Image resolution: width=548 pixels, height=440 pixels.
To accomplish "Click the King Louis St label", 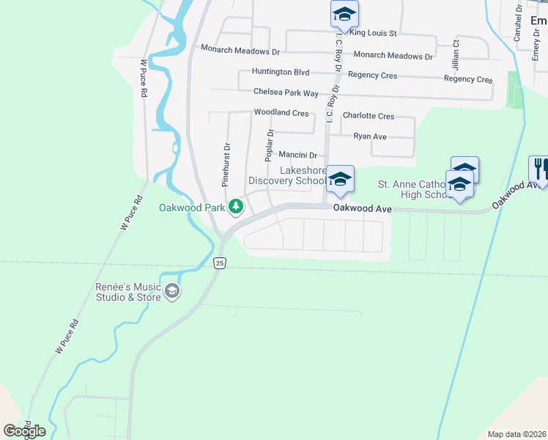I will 373,33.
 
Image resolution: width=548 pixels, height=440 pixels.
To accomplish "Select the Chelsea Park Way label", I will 286,92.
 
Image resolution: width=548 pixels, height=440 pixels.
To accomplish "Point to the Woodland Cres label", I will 281,113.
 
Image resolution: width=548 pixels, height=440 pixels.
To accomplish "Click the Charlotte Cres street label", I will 369,116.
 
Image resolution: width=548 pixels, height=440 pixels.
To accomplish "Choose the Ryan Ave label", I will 370,136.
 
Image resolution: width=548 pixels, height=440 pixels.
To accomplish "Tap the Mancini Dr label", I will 297,155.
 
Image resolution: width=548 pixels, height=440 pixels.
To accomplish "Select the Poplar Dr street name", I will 269,145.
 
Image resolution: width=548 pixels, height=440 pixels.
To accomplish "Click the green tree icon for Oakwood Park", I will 236,208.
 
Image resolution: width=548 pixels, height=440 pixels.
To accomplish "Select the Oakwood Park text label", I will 192,208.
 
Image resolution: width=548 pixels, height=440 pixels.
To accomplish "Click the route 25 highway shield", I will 220,263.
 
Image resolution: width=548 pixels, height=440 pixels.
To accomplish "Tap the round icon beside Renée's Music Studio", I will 172,292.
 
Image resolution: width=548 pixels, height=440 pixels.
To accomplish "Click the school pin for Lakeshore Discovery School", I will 340,179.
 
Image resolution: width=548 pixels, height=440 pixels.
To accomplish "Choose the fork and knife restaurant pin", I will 540,169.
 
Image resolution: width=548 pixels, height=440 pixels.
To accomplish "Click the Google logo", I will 24,431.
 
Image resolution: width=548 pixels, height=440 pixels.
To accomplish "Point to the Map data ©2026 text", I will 516,434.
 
